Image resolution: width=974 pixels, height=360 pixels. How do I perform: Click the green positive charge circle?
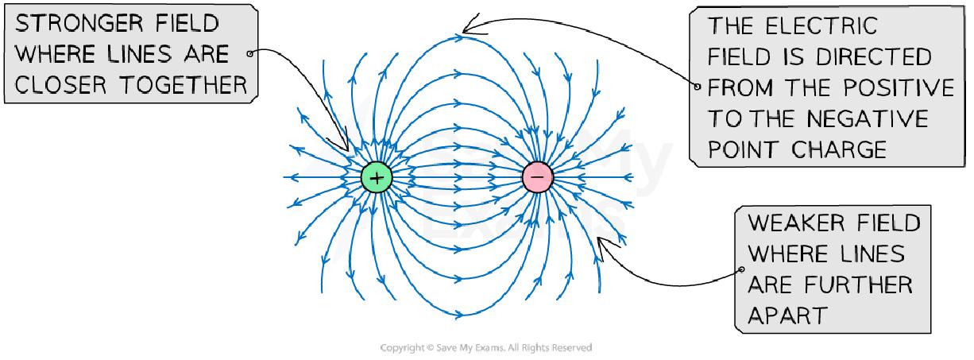click(377, 177)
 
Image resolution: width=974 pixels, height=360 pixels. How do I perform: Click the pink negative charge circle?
click(537, 177)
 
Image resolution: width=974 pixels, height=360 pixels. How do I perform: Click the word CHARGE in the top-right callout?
click(837, 149)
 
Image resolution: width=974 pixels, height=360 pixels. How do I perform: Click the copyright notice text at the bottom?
click(486, 348)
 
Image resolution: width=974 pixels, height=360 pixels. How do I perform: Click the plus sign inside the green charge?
click(377, 177)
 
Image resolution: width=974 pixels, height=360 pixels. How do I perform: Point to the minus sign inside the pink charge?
click(537, 177)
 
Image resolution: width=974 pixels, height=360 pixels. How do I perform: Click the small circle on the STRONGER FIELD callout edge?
click(250, 54)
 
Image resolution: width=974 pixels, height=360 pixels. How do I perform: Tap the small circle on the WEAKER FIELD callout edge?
click(742, 269)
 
